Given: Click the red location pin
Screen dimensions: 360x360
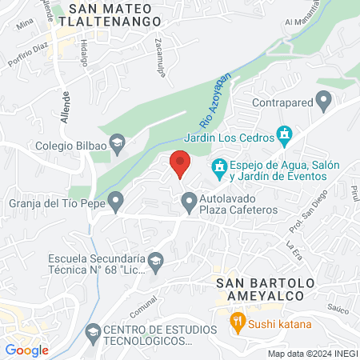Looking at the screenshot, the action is pyautogui.click(x=180, y=164).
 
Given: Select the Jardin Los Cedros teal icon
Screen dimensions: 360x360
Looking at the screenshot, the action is pyautogui.click(x=282, y=133).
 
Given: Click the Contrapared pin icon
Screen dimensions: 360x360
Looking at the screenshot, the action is pyautogui.click(x=324, y=102).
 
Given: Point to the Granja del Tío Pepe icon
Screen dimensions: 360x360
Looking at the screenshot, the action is pyautogui.click(x=117, y=202).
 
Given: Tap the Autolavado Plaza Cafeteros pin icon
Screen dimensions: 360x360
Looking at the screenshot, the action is pyautogui.click(x=189, y=204).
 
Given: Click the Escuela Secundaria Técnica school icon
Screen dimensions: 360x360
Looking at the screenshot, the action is pyautogui.click(x=156, y=260).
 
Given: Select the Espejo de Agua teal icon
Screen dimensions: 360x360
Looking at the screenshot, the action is pyautogui.click(x=217, y=169).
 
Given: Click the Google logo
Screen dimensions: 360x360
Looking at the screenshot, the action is pyautogui.click(x=27, y=350).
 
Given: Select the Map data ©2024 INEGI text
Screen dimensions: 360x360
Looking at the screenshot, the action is pyautogui.click(x=311, y=354).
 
